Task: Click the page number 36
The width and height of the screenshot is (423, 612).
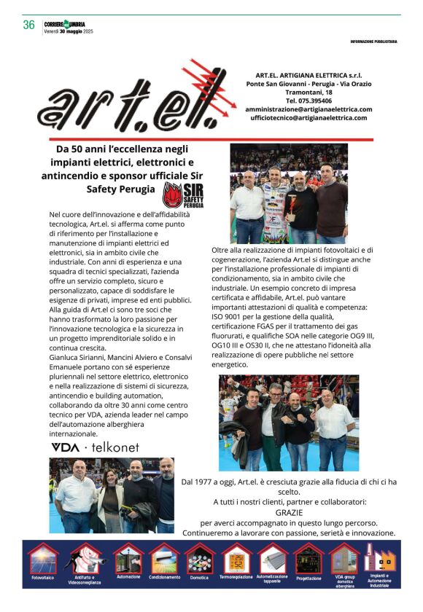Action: (x=28, y=24)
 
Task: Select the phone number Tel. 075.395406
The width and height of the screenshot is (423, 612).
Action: (x=308, y=101)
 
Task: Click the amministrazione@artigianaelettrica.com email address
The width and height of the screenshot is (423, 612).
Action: (x=309, y=109)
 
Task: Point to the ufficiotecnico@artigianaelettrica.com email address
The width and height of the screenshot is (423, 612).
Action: (x=308, y=118)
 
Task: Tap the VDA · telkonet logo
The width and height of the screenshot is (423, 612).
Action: (x=94, y=447)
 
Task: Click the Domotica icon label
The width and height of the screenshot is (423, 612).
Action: (x=200, y=577)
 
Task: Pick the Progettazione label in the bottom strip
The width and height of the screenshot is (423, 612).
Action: (x=308, y=578)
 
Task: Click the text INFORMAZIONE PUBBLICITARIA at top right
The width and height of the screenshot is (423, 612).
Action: (x=373, y=42)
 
